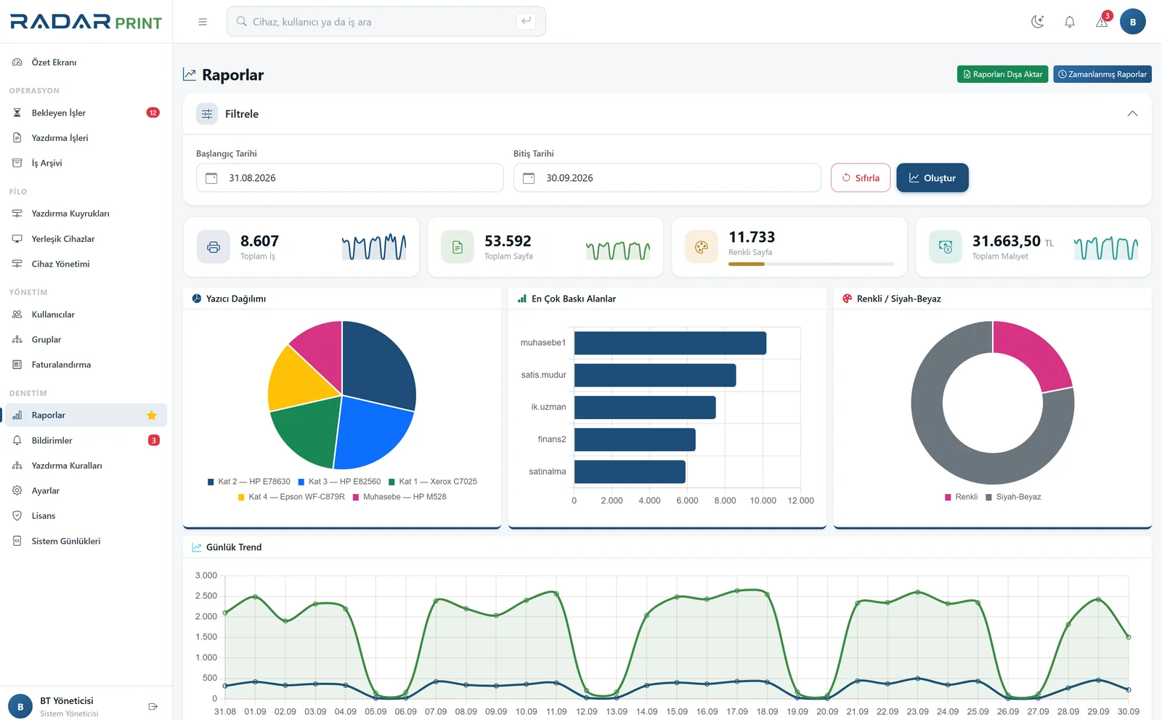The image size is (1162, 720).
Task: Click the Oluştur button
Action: click(933, 177)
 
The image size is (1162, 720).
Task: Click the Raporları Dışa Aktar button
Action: click(1002, 74)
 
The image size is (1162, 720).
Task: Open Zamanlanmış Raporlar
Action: click(1102, 74)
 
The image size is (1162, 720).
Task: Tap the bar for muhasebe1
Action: click(670, 343)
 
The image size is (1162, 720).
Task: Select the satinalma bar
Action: click(630, 472)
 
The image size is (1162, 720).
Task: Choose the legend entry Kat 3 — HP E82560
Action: click(339, 481)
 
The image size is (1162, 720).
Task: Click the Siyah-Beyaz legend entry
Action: click(1013, 497)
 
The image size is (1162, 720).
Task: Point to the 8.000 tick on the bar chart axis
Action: click(725, 501)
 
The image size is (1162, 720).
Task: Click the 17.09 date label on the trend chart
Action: click(737, 711)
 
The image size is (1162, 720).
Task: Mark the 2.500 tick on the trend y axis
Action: click(206, 596)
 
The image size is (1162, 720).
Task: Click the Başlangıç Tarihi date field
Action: click(349, 177)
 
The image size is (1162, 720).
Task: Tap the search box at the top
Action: click(386, 21)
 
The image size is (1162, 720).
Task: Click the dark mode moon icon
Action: click(1038, 21)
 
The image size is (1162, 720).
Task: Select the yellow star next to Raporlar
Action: click(152, 416)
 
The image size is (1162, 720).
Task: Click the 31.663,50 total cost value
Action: click(1007, 241)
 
